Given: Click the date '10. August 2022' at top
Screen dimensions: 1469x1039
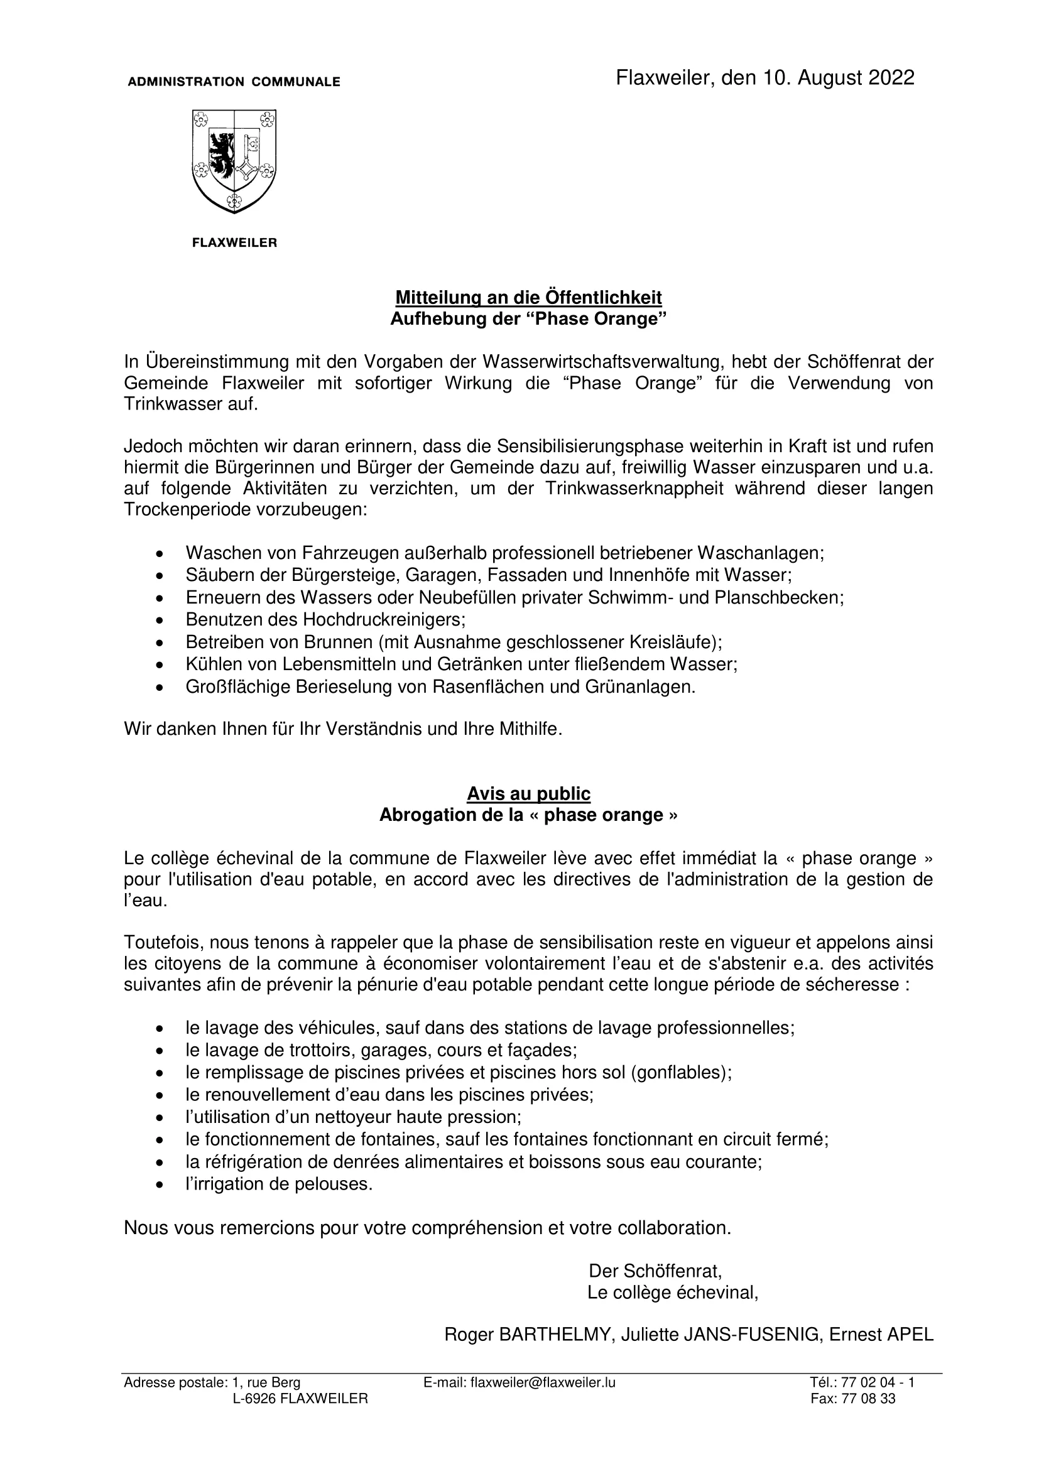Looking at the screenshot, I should [837, 78].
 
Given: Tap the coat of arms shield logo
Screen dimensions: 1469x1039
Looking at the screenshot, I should [234, 161].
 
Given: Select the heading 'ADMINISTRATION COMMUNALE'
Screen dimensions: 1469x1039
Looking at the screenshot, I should [234, 82].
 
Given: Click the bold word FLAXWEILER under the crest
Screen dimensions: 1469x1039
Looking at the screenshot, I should [235, 243].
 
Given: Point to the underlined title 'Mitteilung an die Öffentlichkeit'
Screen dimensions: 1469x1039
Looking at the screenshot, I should [528, 298].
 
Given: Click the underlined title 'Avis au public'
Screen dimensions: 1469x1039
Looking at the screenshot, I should [528, 794].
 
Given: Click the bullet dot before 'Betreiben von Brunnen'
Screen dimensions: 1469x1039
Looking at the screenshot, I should [160, 642].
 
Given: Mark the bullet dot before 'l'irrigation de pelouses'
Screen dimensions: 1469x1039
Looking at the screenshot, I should [160, 1185].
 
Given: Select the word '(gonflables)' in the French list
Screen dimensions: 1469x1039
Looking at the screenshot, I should [681, 1072].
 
